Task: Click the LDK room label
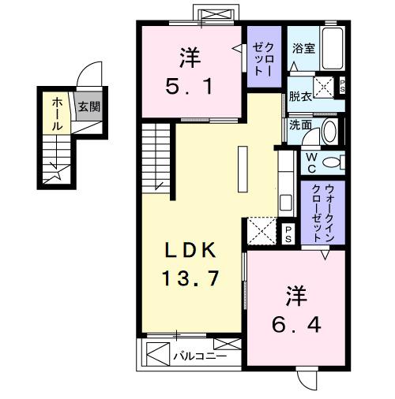[190, 252]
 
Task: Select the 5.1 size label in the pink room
[189, 84]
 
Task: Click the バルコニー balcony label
[200, 357]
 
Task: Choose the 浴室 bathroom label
[303, 47]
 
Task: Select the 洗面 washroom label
[299, 125]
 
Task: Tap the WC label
[310, 162]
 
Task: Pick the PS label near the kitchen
[288, 233]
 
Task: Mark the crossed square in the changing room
[325, 87]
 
